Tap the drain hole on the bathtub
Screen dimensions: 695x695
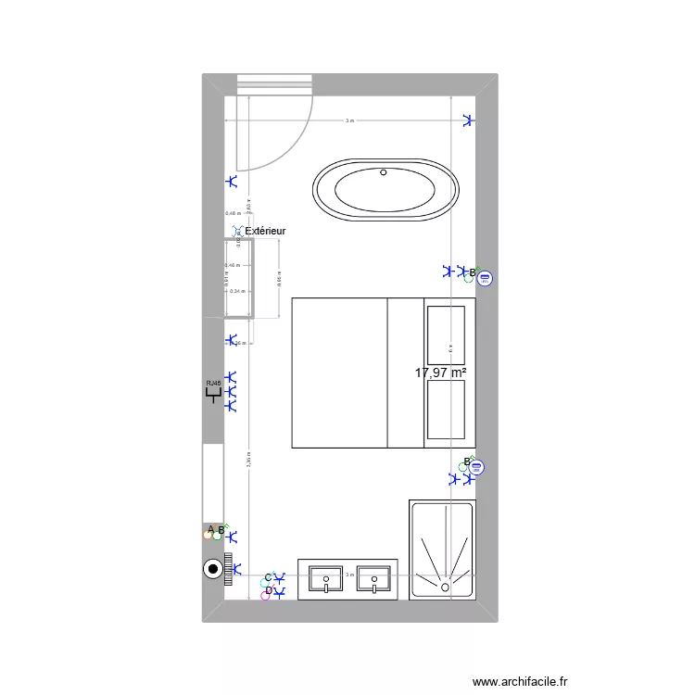pyautogui.click(x=384, y=171)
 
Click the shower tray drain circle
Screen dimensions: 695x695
pyautogui.click(x=446, y=586)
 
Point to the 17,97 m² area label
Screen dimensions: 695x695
pyautogui.click(x=440, y=373)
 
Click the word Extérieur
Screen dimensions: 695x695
pyautogui.click(x=265, y=231)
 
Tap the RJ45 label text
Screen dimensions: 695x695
pyautogui.click(x=214, y=383)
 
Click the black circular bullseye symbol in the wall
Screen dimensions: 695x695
pyautogui.click(x=213, y=570)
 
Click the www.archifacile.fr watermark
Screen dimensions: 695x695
pyautogui.click(x=520, y=682)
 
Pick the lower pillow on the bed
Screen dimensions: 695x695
pyautogui.click(x=445, y=409)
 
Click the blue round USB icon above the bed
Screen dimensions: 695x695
pyautogui.click(x=486, y=277)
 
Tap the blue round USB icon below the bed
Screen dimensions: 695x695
pyautogui.click(x=478, y=470)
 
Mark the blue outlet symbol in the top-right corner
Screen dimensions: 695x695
pyautogui.click(x=468, y=120)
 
